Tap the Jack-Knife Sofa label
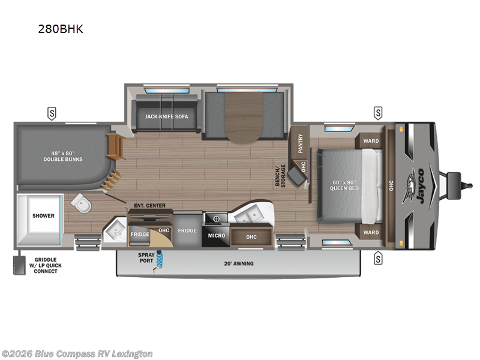pyautogui.click(x=163, y=117)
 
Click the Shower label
pyautogui.click(x=43, y=215)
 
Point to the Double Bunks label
pyautogui.click(x=63, y=156)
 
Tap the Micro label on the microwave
pyautogui.click(x=217, y=236)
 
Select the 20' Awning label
pyautogui.click(x=239, y=263)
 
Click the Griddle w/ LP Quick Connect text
pyautogui.click(x=41, y=265)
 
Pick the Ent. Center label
pyautogui.click(x=149, y=206)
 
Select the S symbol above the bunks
pyautogui.click(x=52, y=112)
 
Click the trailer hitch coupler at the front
pyautogui.click(x=454, y=179)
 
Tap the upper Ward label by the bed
pyautogui.click(x=371, y=142)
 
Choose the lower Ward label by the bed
pyautogui.click(x=371, y=233)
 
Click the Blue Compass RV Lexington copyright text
pyautogui.click(x=77, y=353)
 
